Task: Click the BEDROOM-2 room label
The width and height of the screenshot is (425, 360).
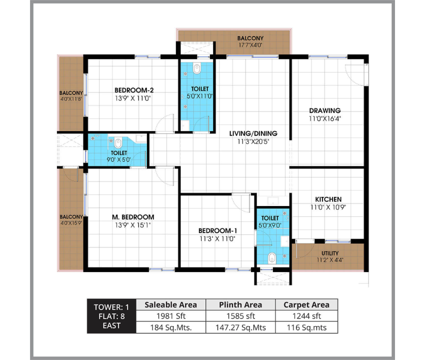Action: click(x=134, y=90)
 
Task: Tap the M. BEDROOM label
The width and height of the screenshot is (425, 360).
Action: click(x=133, y=217)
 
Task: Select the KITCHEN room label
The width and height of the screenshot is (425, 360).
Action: click(x=328, y=199)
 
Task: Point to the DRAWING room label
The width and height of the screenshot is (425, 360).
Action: click(x=324, y=110)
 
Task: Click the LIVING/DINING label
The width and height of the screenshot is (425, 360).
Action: click(x=253, y=133)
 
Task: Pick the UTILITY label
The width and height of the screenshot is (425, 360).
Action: click(x=330, y=253)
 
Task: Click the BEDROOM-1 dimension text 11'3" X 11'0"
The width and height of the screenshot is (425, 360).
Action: click(x=217, y=239)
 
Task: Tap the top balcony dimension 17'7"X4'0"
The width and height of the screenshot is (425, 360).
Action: click(x=250, y=45)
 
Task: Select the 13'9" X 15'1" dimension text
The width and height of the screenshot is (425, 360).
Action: click(x=133, y=225)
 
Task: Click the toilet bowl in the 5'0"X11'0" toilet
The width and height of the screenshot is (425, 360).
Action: click(x=197, y=68)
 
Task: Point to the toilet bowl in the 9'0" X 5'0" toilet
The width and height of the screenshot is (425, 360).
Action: click(x=118, y=143)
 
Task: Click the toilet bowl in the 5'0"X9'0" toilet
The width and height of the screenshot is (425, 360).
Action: click(x=272, y=258)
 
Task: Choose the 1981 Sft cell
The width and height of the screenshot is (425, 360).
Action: click(x=171, y=316)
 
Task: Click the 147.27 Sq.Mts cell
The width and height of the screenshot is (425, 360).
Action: click(x=240, y=327)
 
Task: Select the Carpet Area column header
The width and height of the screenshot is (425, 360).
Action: click(x=306, y=304)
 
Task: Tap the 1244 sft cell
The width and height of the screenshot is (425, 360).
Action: click(x=306, y=316)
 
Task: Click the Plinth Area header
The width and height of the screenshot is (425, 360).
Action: click(x=240, y=304)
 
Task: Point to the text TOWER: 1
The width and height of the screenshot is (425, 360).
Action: click(x=111, y=307)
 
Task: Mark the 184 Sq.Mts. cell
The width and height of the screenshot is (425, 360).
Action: click(x=171, y=327)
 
